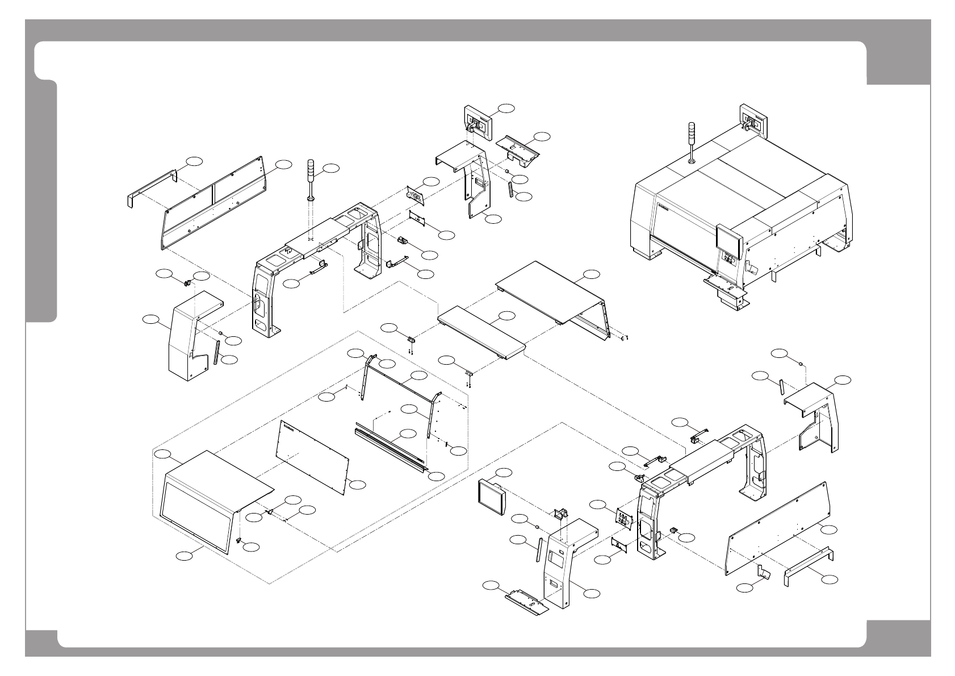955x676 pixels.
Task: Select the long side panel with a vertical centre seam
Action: coord(213,205)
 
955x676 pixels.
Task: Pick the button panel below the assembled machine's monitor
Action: coord(728,261)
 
